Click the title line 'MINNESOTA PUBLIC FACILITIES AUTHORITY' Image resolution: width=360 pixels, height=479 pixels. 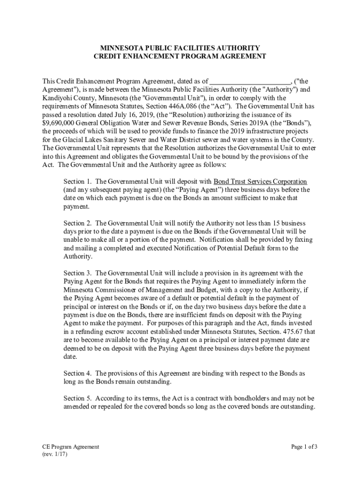pyautogui.click(x=180, y=48)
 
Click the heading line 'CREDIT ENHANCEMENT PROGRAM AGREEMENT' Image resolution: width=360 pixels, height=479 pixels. pyautogui.click(x=180, y=56)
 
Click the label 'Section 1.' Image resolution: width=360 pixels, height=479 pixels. pyautogui.click(x=78, y=181)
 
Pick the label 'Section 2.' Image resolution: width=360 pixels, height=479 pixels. pyautogui.click(x=78, y=223)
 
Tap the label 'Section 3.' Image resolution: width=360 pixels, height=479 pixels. pyautogui.click(x=78, y=273)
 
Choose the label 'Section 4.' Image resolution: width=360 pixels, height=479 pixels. pyautogui.click(x=78, y=373)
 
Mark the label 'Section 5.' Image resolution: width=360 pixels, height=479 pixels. pyautogui.click(x=78, y=399)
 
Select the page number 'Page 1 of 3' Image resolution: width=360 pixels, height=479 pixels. pyautogui.click(x=304, y=447)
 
